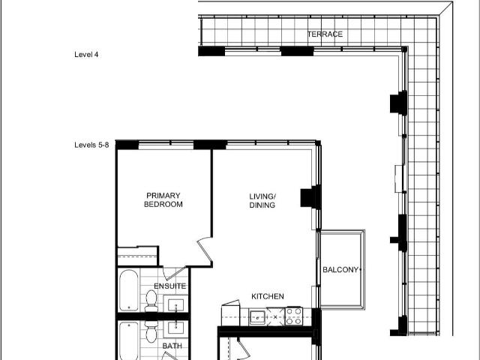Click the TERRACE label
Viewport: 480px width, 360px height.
tap(325, 34)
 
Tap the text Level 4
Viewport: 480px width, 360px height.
tap(86, 55)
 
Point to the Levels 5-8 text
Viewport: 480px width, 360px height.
tap(91, 145)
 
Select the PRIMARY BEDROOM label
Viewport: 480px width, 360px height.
tap(163, 200)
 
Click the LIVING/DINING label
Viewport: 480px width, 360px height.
tap(262, 200)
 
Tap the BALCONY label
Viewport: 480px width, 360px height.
tap(340, 270)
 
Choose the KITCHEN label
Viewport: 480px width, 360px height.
tap(268, 296)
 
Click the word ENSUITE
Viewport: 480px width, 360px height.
tap(170, 286)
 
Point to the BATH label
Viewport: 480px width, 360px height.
tap(172, 346)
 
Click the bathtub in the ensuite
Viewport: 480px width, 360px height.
tap(129, 290)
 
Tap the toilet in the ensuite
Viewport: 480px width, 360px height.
tap(151, 301)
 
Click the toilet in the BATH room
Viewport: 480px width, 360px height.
tap(151, 331)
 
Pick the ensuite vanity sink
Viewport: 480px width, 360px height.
tap(176, 304)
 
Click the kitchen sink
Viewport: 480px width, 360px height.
tap(258, 317)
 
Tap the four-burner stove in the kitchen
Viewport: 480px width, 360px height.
tap(294, 316)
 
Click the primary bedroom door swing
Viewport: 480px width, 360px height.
tap(205, 250)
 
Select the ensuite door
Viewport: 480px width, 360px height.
tap(174, 273)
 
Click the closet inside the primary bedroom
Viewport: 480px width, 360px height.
tap(138, 256)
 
